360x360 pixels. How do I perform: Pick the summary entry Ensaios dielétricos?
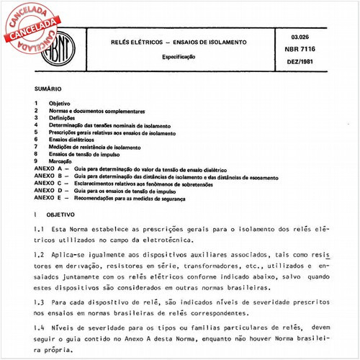[78, 140]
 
